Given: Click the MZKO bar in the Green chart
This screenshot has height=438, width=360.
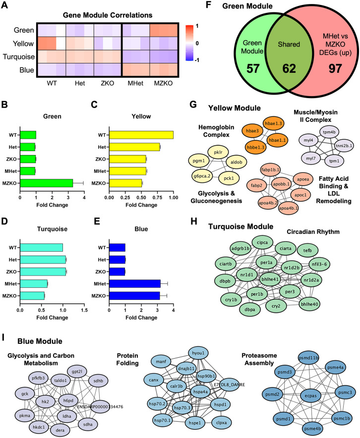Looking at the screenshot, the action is (x=47, y=183).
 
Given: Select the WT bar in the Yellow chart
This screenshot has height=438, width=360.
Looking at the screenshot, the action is (x=141, y=135).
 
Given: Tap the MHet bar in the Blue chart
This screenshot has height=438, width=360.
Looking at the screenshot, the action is (x=135, y=284).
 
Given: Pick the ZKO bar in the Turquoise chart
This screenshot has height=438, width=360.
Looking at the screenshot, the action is (x=43, y=272).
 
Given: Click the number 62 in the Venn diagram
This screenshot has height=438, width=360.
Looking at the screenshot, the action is (x=289, y=68).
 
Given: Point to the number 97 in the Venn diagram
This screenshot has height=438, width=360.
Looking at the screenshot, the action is (x=335, y=68).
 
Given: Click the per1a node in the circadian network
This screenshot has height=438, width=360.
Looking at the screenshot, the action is (x=266, y=263).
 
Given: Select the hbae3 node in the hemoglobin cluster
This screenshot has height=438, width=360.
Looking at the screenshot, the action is (x=252, y=131).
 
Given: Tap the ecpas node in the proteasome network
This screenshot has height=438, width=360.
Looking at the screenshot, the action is (x=310, y=396).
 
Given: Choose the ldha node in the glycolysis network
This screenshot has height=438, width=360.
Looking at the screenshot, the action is (x=67, y=416).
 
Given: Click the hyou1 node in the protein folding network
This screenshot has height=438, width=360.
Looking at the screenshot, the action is (x=198, y=353).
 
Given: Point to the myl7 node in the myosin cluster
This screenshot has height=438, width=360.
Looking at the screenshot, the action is (x=311, y=159).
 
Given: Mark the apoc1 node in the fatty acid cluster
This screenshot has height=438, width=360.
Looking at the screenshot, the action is (x=300, y=195).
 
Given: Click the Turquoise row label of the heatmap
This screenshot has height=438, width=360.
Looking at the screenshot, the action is (x=19, y=57).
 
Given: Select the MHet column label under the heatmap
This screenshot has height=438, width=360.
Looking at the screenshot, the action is (x=135, y=83).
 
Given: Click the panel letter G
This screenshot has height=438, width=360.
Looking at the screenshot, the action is (x=193, y=105).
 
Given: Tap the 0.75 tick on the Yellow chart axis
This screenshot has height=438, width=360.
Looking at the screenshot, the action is (x=157, y=198).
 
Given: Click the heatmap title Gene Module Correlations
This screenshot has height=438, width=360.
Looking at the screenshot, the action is (x=108, y=15).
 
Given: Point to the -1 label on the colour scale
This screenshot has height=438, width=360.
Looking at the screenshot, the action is (x=197, y=60).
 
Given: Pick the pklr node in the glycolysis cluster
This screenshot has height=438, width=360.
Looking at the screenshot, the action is (x=218, y=153).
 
